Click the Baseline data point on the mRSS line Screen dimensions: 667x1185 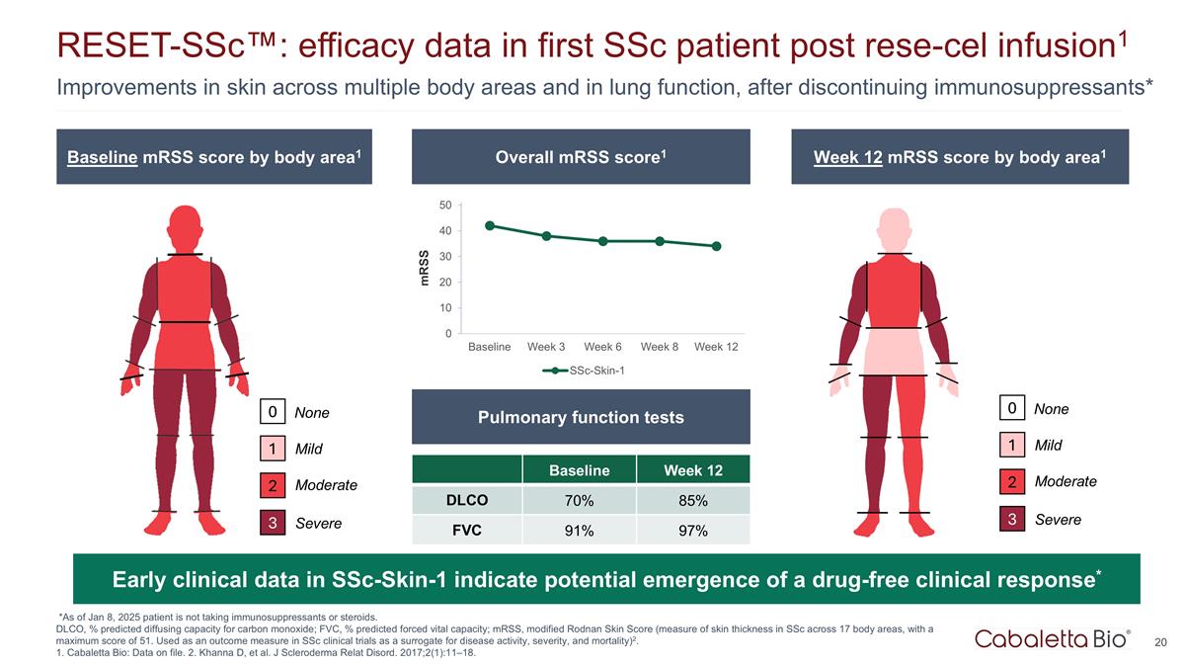(x=490, y=225)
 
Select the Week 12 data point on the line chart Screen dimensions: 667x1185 (x=716, y=246)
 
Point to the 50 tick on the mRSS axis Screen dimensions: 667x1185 (x=445, y=206)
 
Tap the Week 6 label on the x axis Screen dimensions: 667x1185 (x=602, y=347)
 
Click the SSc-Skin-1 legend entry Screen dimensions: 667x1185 (x=587, y=372)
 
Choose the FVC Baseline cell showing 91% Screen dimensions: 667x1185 (x=579, y=532)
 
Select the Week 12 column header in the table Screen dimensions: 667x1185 (x=692, y=470)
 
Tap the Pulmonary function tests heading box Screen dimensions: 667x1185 (x=581, y=417)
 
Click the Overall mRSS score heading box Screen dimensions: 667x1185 (x=581, y=156)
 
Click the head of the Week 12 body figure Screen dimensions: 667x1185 (x=894, y=228)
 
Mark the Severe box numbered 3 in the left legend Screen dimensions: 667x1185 (x=273, y=523)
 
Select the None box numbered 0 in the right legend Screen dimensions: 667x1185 (x=1011, y=408)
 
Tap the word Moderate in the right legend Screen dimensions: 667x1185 (x=1065, y=481)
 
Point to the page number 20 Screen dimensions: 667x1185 (x=1160, y=643)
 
